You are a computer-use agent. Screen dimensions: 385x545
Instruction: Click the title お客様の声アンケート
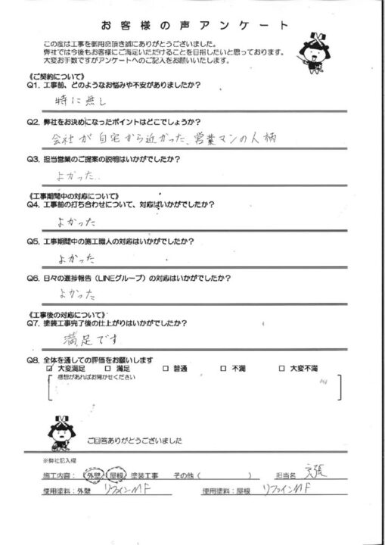tap(191, 24)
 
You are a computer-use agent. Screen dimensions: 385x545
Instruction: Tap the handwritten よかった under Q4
tap(75, 223)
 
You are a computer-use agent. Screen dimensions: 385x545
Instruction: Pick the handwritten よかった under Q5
tap(76, 259)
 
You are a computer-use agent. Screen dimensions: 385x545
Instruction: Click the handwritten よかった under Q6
tap(76, 290)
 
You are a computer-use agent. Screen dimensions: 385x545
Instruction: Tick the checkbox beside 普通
tap(166, 368)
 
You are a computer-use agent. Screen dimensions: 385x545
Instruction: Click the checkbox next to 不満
tap(223, 368)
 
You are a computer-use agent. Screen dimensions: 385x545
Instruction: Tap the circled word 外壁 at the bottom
tap(92, 476)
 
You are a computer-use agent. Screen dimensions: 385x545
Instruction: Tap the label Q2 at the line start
tap(32, 121)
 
